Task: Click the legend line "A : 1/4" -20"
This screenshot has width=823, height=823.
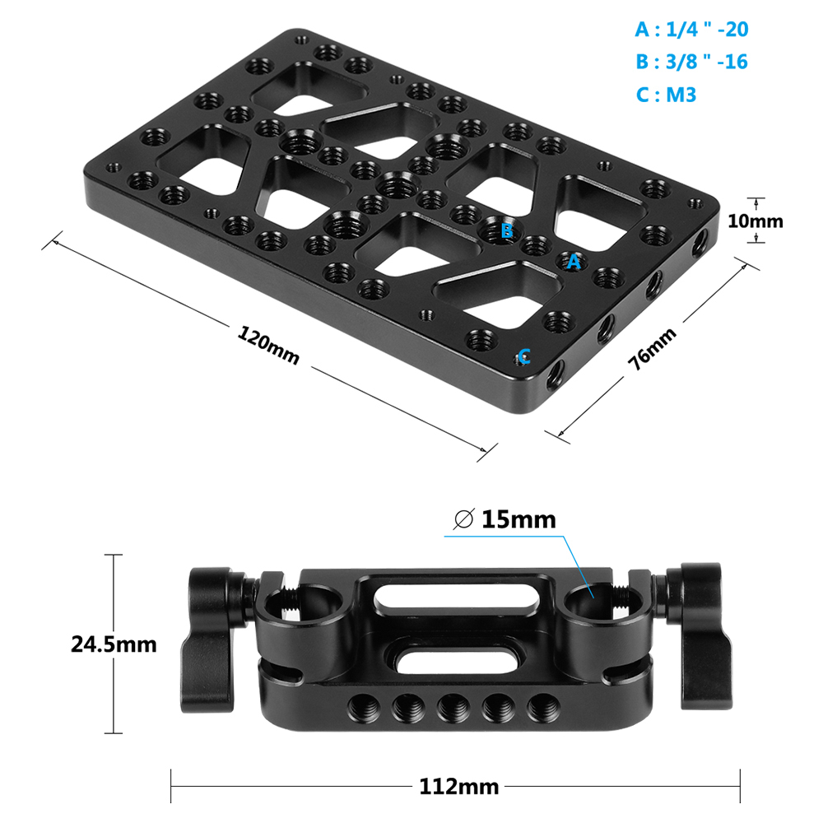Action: coord(691,30)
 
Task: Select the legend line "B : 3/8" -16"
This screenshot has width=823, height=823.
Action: coord(691,62)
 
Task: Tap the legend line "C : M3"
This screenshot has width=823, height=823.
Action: coord(666,95)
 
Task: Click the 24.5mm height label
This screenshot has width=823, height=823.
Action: coord(114,644)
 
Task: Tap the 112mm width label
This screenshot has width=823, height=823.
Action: coord(458,787)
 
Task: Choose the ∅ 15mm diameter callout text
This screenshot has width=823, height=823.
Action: coord(505,519)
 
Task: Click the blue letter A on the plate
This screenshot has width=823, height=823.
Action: coord(574,262)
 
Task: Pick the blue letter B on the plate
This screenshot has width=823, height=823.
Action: coord(506,230)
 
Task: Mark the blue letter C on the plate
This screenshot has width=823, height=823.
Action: coord(524,356)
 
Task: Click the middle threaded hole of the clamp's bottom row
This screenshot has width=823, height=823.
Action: coord(449,706)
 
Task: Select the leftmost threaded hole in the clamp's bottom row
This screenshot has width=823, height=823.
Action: coord(360,705)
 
